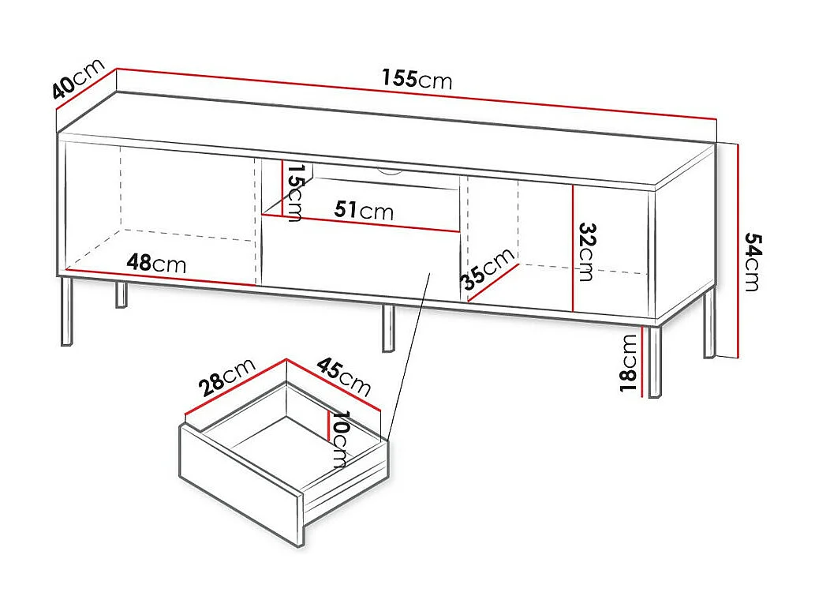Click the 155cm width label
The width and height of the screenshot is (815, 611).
pos(417,79)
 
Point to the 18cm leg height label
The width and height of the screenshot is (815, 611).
pos(629,362)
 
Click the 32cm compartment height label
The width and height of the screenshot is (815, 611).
pos(586,251)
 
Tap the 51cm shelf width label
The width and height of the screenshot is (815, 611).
pos(363,210)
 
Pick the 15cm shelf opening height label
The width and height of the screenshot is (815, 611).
pos(293,193)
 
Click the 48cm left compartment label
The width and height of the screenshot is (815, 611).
pos(156,263)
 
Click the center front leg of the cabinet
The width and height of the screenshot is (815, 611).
pos(388,328)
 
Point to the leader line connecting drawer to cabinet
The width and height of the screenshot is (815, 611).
pos(409,355)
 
